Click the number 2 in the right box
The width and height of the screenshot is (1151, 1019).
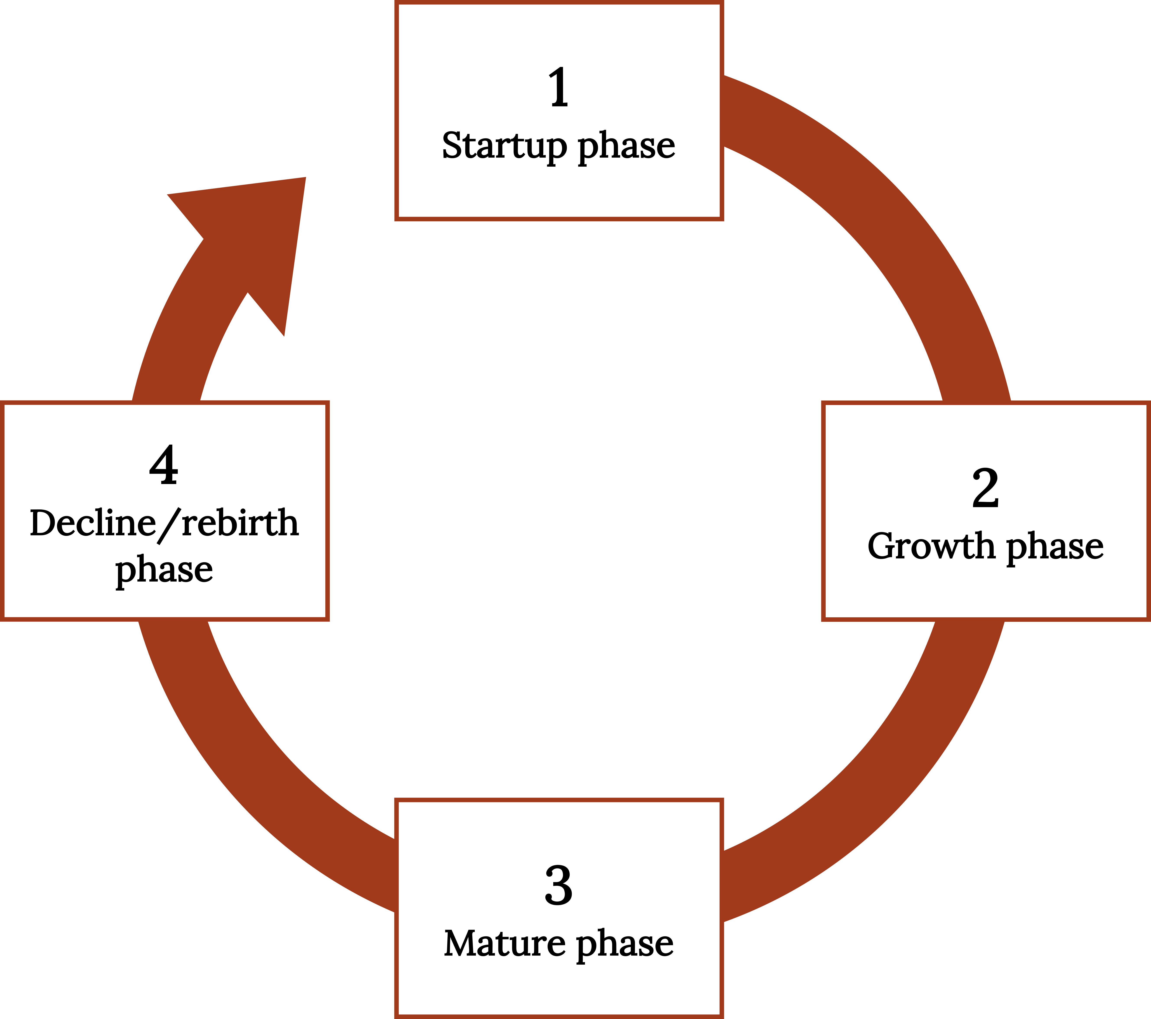(x=985, y=488)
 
